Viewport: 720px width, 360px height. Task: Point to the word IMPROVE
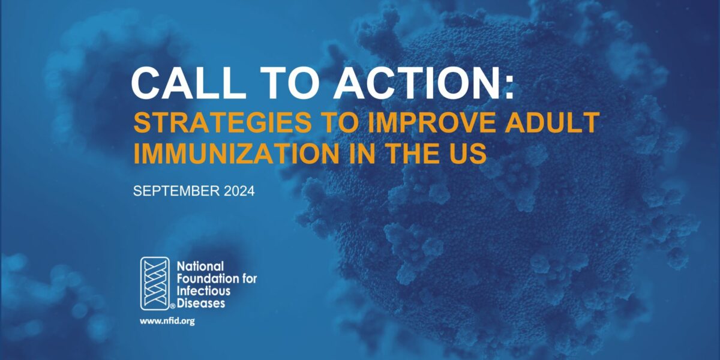pyautogui.click(x=443, y=123)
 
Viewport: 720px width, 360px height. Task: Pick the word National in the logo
pyautogui.click(x=200, y=265)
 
